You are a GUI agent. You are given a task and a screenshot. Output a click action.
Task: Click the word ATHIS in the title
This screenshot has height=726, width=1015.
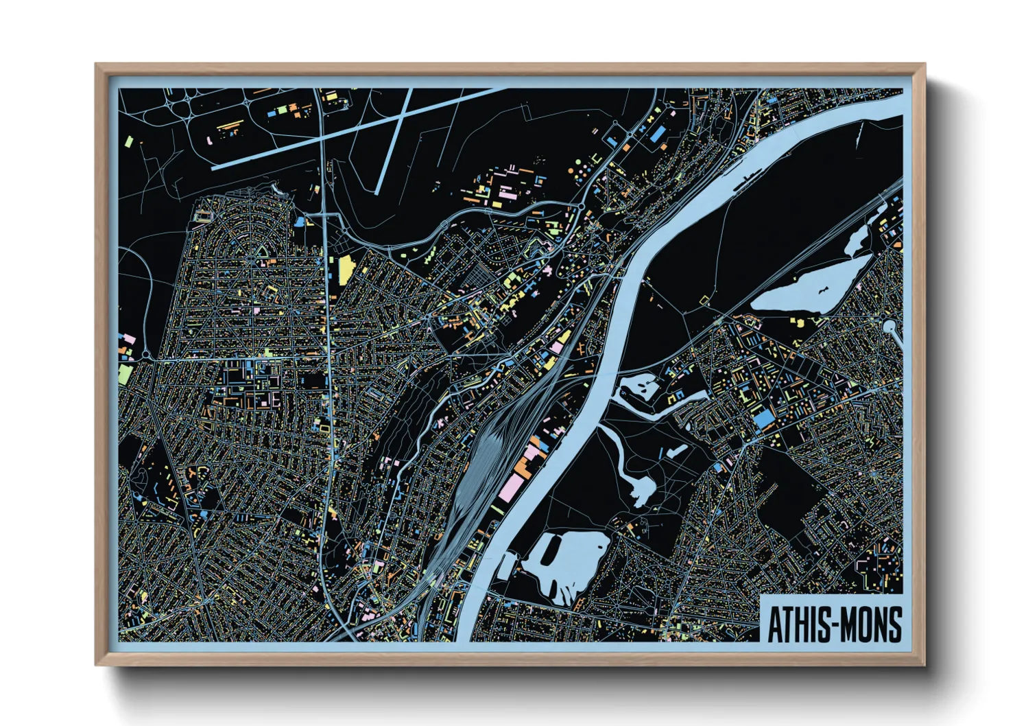tap(796, 625)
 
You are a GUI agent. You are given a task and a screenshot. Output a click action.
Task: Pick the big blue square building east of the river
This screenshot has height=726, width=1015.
tap(763, 418)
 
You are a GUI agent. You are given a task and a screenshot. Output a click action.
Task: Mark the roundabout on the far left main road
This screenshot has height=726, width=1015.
tap(146, 355)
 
